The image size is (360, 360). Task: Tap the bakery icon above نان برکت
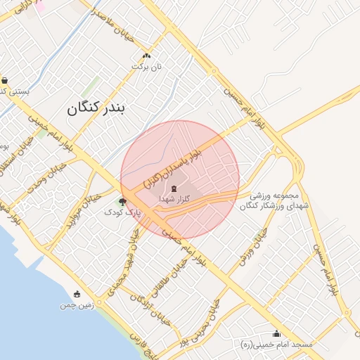(146, 56)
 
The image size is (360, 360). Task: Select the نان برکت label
(148, 67)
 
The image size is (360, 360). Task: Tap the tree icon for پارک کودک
(124, 202)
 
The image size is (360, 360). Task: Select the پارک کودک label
(123, 212)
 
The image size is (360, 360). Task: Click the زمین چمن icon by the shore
(77, 294)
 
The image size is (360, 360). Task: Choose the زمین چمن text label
(77, 306)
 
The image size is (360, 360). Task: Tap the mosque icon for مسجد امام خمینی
(276, 334)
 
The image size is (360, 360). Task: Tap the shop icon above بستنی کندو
(5, 79)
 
